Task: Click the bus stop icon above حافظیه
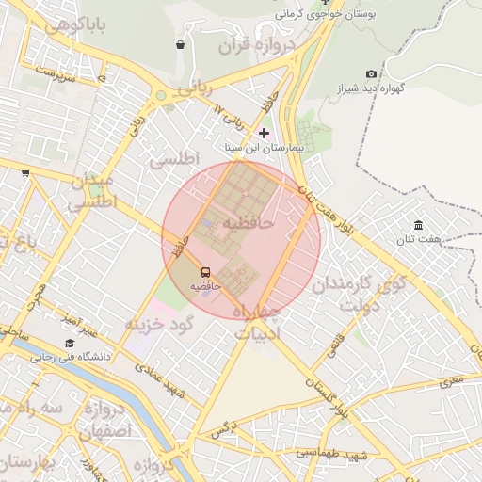coord(206,272)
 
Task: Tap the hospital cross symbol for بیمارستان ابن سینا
coord(264,133)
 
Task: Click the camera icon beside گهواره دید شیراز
coord(371,74)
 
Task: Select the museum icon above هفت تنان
coord(418,225)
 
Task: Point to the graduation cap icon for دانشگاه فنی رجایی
coord(70,344)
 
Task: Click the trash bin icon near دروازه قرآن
coord(180,44)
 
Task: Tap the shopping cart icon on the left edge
coord(24,172)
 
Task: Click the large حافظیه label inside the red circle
coord(247,222)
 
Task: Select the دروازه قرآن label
coord(257,44)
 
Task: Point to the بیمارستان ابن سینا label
coord(263,148)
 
